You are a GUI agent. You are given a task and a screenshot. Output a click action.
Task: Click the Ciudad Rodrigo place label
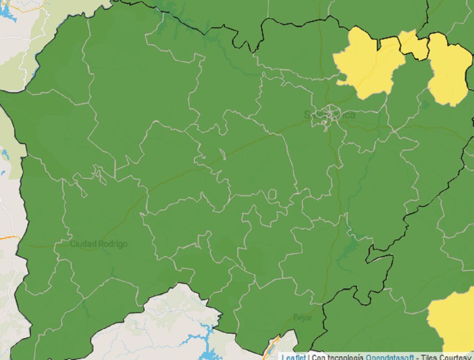pyautogui.click(x=99, y=244)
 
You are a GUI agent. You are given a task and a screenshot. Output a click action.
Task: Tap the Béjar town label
pyautogui.click(x=303, y=317)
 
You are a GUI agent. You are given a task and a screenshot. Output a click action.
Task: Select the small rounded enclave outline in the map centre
pyautogui.click(x=272, y=194)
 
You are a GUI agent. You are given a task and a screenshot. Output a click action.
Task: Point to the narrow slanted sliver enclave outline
pyautogui.click(x=223, y=155)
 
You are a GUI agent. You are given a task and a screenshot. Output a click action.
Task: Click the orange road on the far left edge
pyautogui.click(x=9, y=238)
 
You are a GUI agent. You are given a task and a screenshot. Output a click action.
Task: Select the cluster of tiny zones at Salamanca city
pyautogui.click(x=327, y=115)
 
